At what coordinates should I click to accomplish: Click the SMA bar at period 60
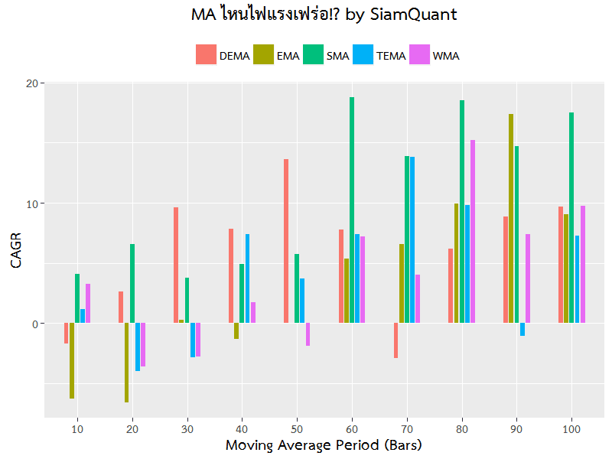click(x=352, y=210)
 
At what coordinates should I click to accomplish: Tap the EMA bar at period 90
click(x=511, y=219)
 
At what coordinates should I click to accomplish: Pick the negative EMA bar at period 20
click(x=126, y=363)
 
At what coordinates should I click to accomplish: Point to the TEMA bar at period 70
click(x=412, y=240)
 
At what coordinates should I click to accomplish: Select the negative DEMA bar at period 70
click(x=396, y=340)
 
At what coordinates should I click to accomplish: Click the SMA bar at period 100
click(x=571, y=218)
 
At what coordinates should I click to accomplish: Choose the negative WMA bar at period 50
click(x=308, y=334)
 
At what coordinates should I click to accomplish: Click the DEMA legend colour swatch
click(x=206, y=55)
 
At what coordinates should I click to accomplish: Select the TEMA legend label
click(x=391, y=56)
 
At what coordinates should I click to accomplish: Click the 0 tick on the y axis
click(x=34, y=324)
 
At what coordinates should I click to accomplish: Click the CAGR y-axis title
click(x=16, y=249)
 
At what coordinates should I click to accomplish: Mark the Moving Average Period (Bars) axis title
click(x=324, y=445)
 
